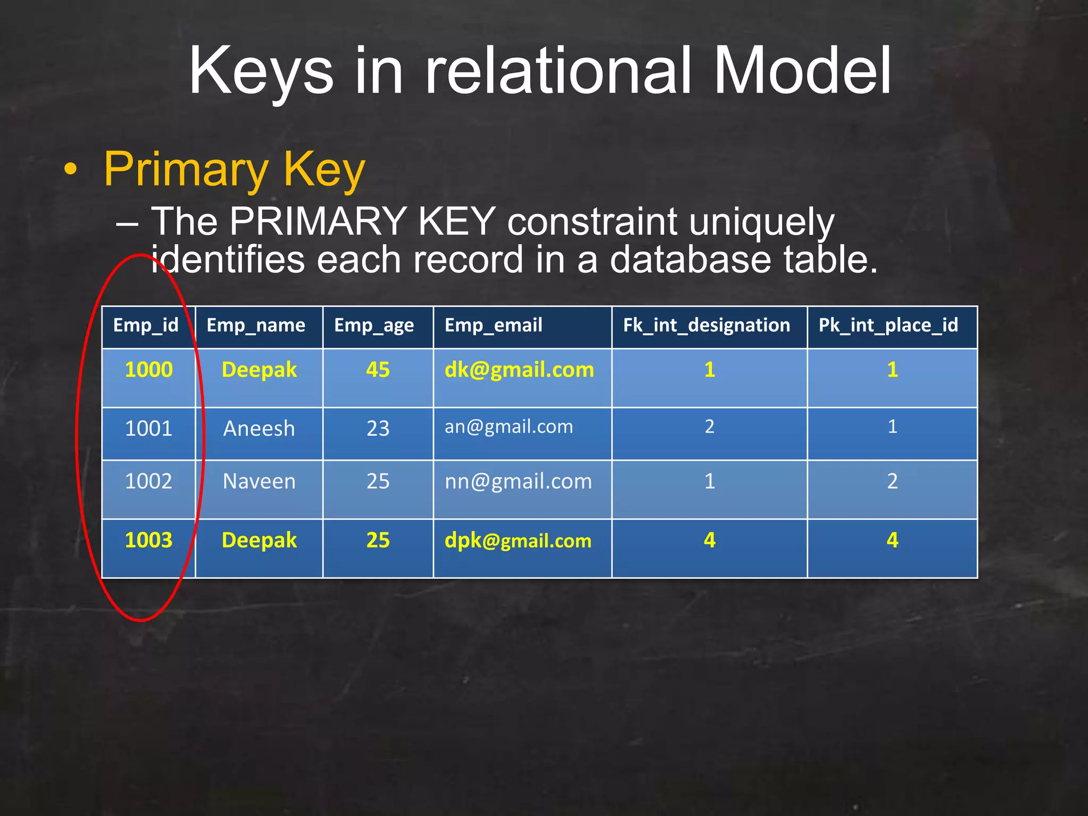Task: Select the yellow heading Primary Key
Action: pos(234,169)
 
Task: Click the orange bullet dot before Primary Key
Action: pos(70,170)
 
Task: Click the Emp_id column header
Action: pos(146,325)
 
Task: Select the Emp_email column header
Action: pos(494,325)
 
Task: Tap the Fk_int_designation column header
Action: pos(707,325)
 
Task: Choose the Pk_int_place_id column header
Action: pos(888,325)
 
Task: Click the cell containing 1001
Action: pos(149,429)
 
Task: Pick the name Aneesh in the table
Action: pos(259,429)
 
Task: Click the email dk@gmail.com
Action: pos(519,370)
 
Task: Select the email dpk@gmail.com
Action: pos(518,541)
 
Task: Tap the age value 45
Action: pos(378,370)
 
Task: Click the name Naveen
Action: pos(259,482)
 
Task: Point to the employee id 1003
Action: pos(149,540)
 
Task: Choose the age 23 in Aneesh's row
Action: pos(378,429)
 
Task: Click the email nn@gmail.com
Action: pos(518,482)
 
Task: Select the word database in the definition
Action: pos(690,260)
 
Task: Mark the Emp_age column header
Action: pos(374,325)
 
